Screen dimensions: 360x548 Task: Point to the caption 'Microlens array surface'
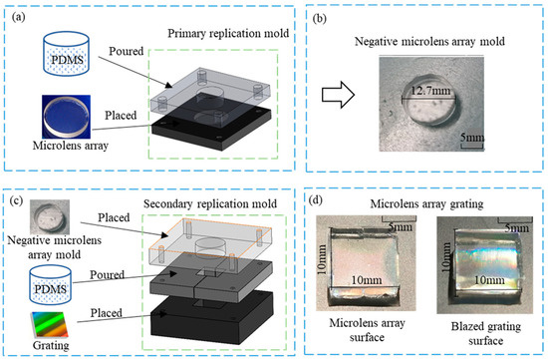coord(363,335)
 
